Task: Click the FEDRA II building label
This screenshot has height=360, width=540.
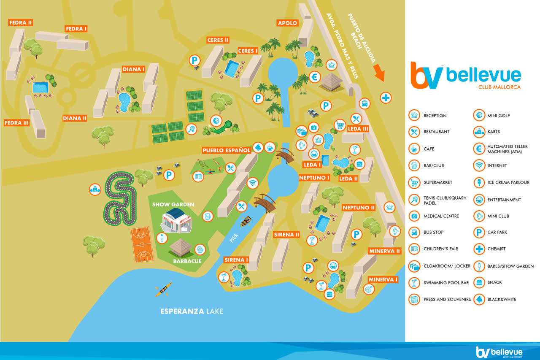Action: point(21,22)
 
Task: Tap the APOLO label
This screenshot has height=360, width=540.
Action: point(287,23)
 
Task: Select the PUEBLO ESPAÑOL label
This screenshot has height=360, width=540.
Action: point(227,150)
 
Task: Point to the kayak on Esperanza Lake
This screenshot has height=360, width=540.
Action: point(163,289)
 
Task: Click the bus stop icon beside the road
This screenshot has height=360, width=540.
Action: point(364,103)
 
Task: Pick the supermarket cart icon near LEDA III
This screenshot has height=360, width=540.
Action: point(340,125)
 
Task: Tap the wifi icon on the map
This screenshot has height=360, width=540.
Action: point(253,183)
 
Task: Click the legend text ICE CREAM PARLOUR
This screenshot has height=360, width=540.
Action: point(508,182)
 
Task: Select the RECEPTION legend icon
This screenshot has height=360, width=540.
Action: point(414,115)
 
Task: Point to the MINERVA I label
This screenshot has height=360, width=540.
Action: point(383,279)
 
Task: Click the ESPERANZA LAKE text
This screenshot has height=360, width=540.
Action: point(192,311)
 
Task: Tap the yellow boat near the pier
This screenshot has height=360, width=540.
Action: point(246,221)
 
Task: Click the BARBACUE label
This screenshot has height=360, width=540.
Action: point(186,261)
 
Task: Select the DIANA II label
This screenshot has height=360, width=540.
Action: point(75,118)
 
